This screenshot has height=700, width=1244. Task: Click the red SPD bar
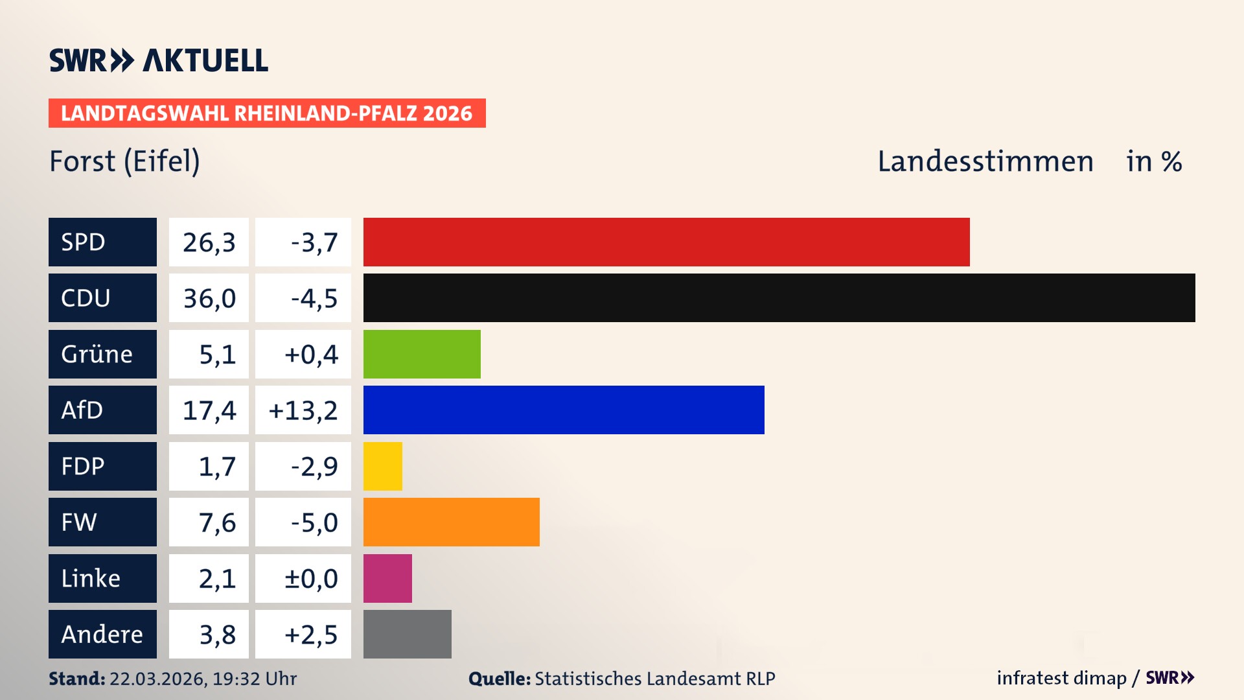point(666,242)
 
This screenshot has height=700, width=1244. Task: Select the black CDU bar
point(779,298)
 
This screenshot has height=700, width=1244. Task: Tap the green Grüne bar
point(422,354)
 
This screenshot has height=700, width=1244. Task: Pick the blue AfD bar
point(564,410)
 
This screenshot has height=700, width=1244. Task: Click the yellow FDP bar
point(382,466)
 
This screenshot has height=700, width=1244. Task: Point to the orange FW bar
point(451,522)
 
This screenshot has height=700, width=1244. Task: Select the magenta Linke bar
point(387,578)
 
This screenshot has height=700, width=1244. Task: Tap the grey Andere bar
point(407,634)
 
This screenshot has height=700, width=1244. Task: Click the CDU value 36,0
point(209,298)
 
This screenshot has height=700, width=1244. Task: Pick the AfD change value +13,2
point(303,410)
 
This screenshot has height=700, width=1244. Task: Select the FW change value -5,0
point(314,522)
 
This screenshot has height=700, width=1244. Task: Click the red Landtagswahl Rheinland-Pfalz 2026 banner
point(266,113)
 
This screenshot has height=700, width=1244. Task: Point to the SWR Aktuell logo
point(158,60)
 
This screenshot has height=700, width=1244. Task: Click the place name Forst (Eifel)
point(124,161)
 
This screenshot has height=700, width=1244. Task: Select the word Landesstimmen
point(985,161)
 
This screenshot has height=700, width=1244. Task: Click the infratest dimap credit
point(1061,678)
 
